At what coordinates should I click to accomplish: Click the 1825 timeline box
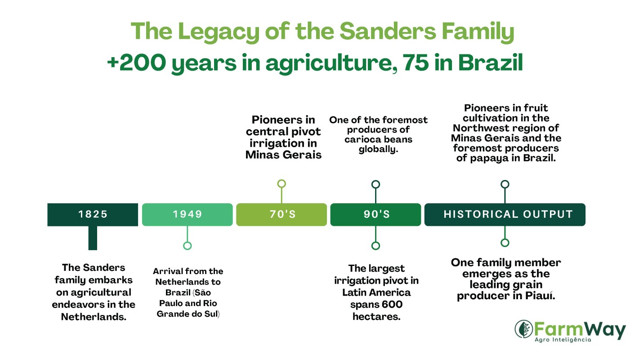[x=93, y=214]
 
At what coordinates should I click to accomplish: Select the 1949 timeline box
[x=188, y=214]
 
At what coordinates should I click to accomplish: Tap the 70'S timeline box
[x=282, y=214]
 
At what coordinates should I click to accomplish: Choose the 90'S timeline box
[x=375, y=214]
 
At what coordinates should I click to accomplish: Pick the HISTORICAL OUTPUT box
[x=505, y=214]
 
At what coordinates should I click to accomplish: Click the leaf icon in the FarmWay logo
[x=524, y=329]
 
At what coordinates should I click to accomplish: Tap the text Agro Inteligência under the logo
[x=563, y=340]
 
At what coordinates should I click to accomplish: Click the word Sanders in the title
[x=388, y=31]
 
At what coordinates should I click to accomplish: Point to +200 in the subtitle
[x=136, y=63]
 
